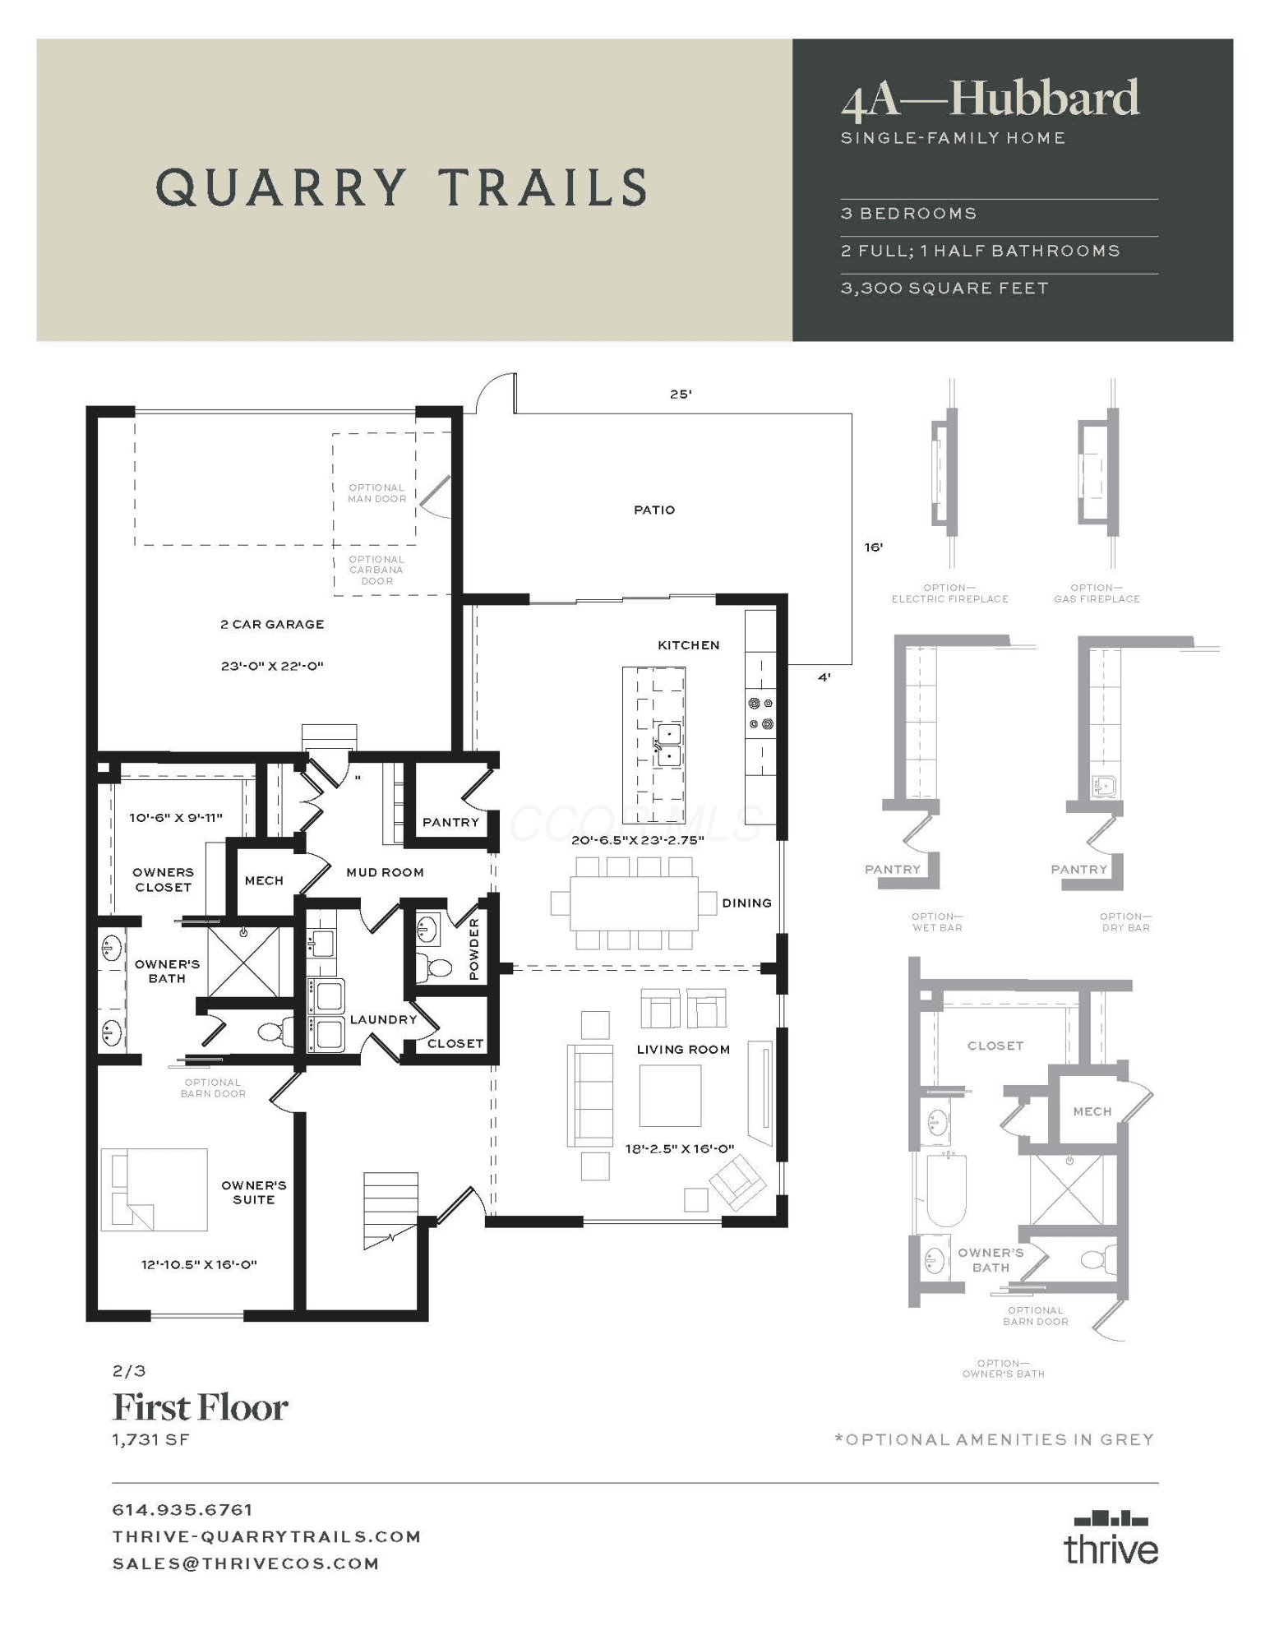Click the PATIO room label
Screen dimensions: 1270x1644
654,510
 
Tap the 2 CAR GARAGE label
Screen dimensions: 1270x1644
272,624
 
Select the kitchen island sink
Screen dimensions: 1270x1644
669,745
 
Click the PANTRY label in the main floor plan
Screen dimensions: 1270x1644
450,822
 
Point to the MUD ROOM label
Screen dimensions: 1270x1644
385,872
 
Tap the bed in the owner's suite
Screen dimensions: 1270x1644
154,1189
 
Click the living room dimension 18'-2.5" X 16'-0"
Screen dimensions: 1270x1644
679,1148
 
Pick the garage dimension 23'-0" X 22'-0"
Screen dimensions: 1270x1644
272,666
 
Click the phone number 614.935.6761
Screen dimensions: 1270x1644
182,1509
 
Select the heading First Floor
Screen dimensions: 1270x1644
200,1407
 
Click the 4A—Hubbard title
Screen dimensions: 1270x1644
990,99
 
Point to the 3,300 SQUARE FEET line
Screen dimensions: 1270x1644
944,289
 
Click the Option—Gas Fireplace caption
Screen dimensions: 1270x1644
1097,593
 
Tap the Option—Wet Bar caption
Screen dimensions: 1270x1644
937,921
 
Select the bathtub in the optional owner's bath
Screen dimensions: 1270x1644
948,1189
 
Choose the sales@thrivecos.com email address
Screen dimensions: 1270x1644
246,1563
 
